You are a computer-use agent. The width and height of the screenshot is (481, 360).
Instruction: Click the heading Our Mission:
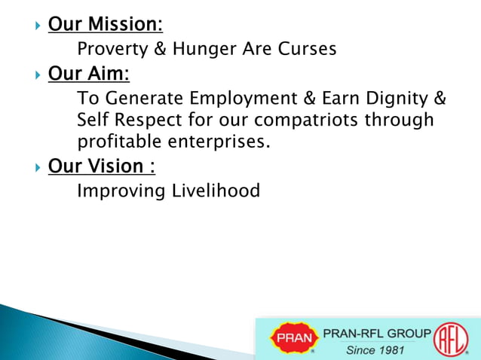coord(105,25)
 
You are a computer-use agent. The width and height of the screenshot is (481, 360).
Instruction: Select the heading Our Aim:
coord(89,75)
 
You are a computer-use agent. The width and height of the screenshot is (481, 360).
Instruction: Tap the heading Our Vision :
coord(102,166)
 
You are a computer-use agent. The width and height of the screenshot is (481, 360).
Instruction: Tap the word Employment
coord(253,99)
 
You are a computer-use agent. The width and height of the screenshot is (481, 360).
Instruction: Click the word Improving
coord(116,191)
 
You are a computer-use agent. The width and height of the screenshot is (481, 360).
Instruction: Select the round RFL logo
coord(451,337)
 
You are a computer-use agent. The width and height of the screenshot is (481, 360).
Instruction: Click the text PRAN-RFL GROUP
coord(377,333)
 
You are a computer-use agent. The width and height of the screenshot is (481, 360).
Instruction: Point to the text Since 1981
coord(375,350)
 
